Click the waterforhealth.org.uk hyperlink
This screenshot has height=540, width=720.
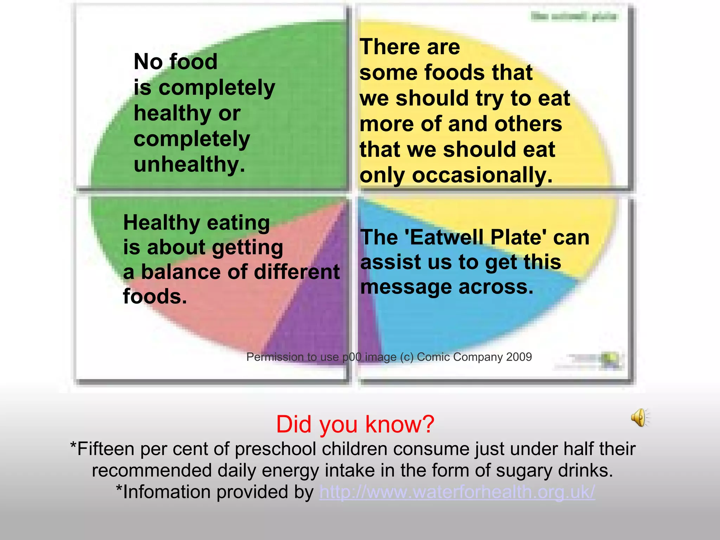[x=457, y=492]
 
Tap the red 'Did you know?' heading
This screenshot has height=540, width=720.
[x=355, y=424]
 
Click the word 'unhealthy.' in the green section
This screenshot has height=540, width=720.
[x=189, y=165]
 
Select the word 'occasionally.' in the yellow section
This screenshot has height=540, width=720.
[x=482, y=175]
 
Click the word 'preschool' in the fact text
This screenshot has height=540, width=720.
[x=275, y=449]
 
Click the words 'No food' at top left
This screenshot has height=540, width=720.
[x=175, y=62]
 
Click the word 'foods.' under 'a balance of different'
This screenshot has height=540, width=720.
[x=155, y=296]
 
